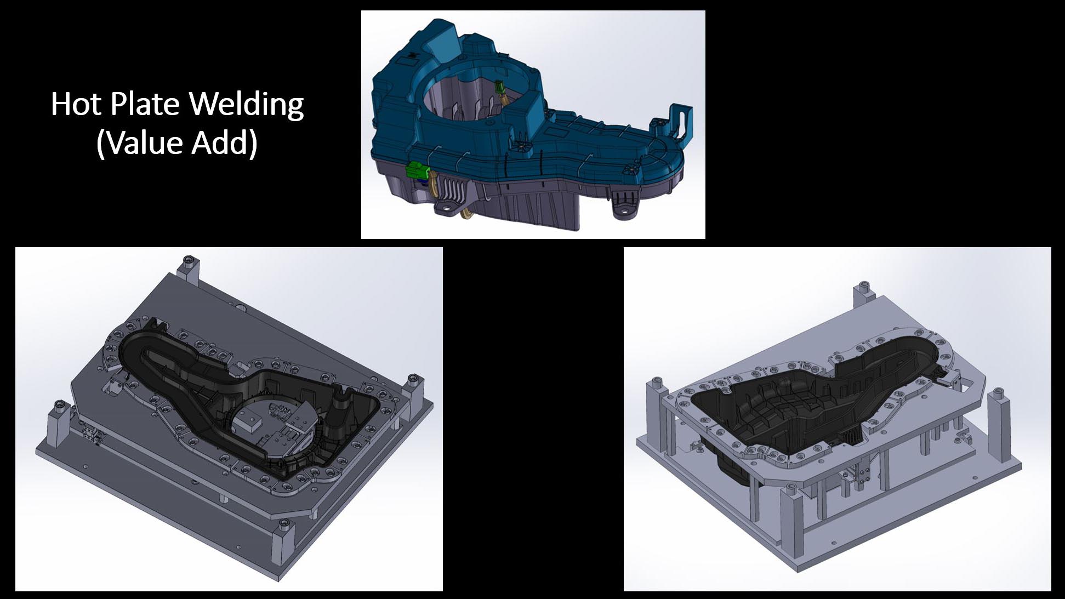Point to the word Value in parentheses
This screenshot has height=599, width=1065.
pyautogui.click(x=140, y=142)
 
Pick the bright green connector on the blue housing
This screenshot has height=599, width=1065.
pyautogui.click(x=415, y=172)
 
